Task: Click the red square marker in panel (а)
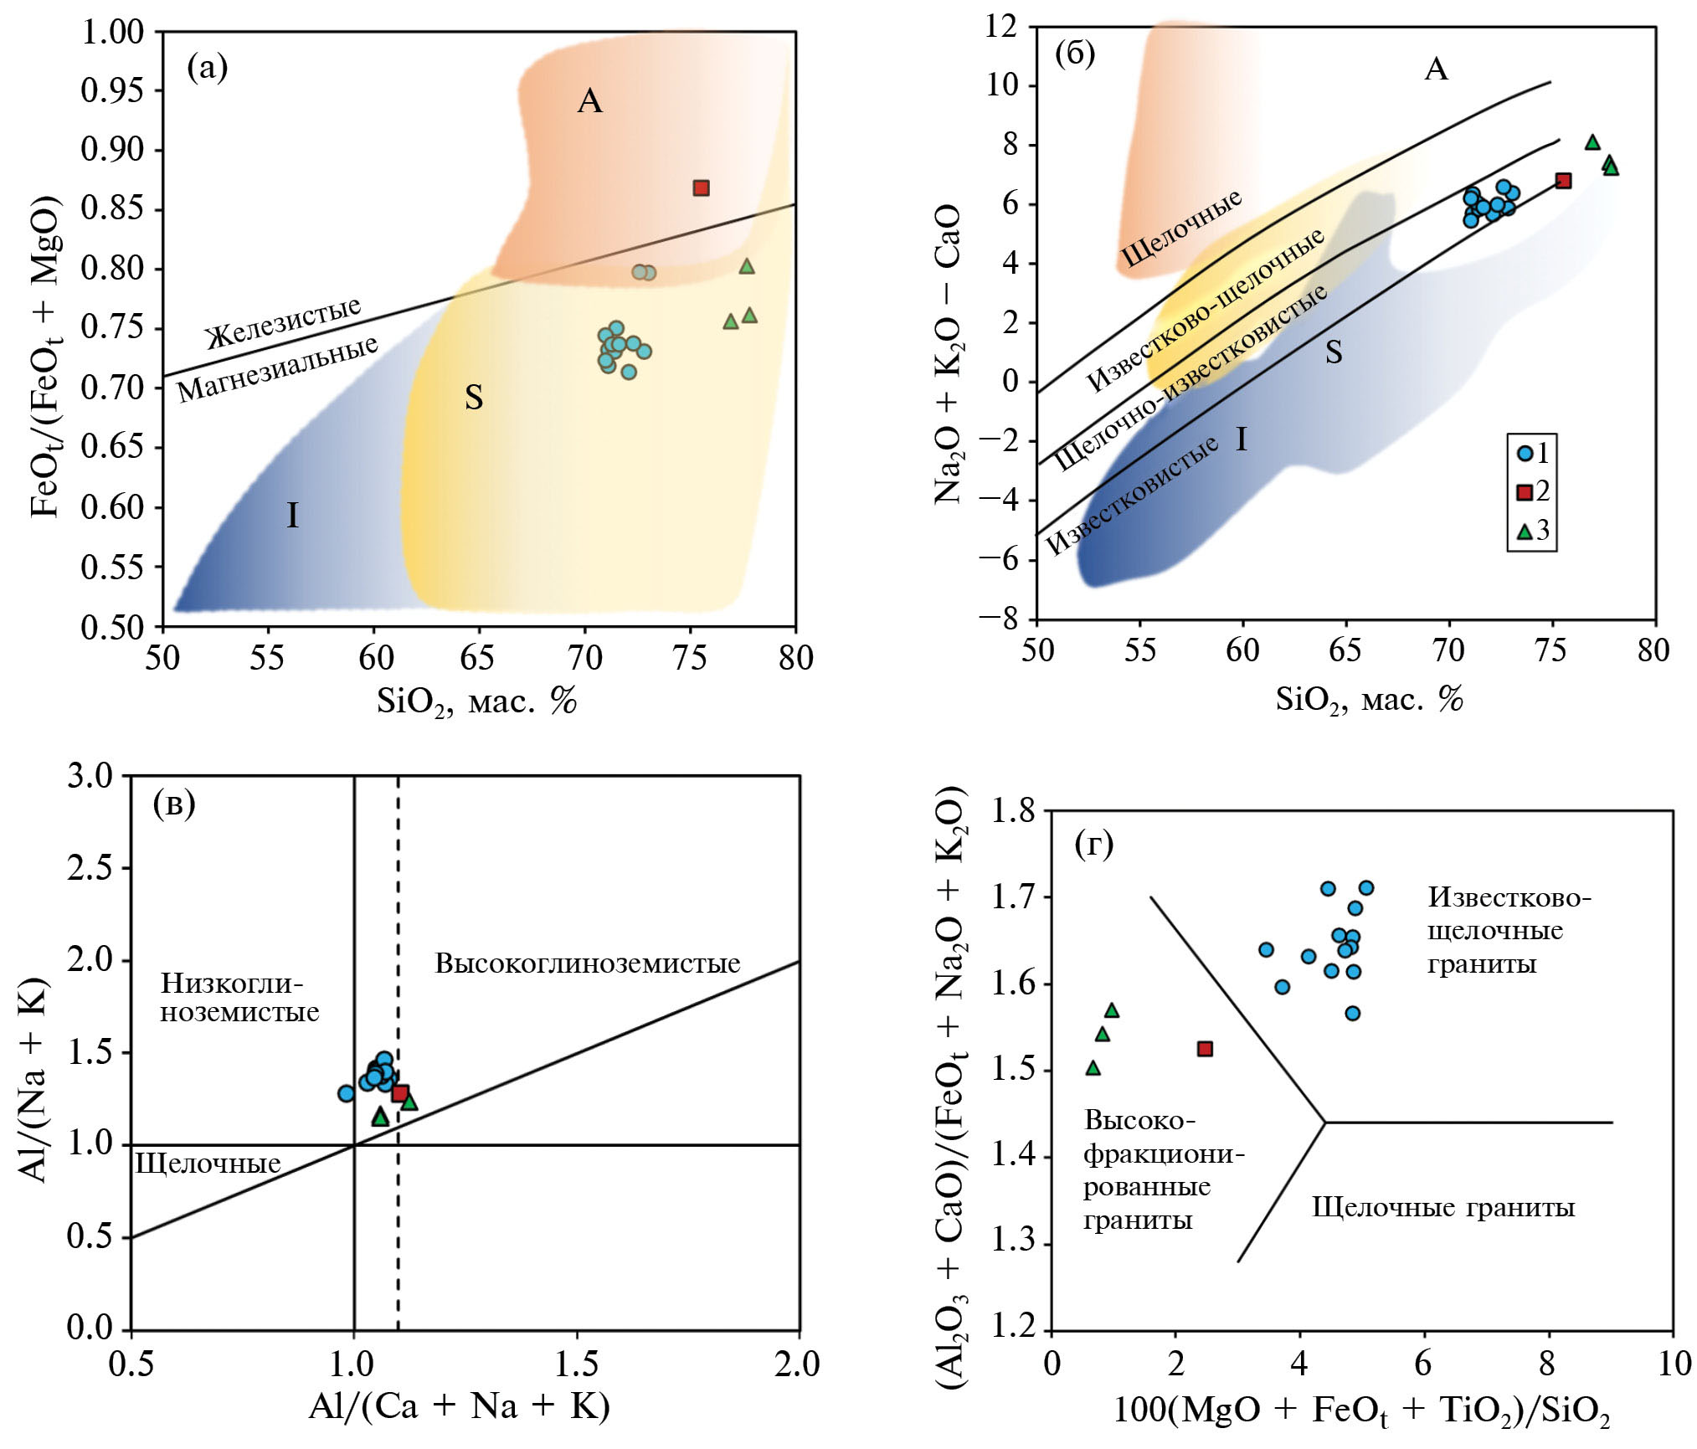point(702,188)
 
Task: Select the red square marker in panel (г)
point(1205,1049)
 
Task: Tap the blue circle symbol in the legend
point(1525,454)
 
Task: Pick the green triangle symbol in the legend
point(1525,532)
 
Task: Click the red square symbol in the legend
point(1525,492)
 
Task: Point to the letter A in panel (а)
point(590,101)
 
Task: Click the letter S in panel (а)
point(474,398)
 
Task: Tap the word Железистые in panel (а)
point(284,322)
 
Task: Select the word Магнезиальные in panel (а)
point(277,369)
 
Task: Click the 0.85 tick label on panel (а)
point(112,209)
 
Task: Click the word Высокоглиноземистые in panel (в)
point(588,963)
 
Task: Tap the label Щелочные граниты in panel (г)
point(1443,1207)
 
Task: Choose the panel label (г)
point(1093,845)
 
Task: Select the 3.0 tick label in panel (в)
point(90,776)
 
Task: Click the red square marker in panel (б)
point(1563,181)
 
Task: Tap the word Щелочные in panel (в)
point(208,1164)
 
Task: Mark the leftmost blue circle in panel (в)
point(346,1093)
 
